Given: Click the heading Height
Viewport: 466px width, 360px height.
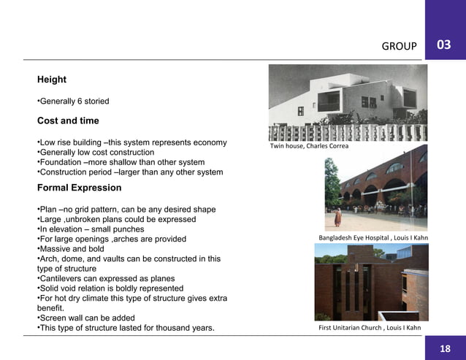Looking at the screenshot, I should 52,80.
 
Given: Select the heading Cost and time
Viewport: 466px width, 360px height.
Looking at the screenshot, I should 68,120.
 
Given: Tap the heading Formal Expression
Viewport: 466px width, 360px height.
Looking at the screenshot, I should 80,188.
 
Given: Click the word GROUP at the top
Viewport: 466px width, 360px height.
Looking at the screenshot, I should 399,47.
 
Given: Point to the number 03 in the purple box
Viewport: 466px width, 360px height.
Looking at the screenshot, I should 443,45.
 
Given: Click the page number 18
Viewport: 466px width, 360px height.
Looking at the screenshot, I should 445,349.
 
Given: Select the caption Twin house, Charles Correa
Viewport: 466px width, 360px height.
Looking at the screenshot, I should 309,146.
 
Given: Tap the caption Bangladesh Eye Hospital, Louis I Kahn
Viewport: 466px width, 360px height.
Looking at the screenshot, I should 373,238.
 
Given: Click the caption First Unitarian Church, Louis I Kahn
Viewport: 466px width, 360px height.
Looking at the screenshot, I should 370,328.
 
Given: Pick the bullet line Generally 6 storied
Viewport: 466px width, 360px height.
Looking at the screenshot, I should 74,101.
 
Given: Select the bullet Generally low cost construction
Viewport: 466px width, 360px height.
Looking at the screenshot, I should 96,152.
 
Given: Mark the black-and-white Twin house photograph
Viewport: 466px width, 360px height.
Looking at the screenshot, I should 348,102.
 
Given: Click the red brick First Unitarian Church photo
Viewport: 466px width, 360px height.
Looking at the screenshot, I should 371,283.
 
